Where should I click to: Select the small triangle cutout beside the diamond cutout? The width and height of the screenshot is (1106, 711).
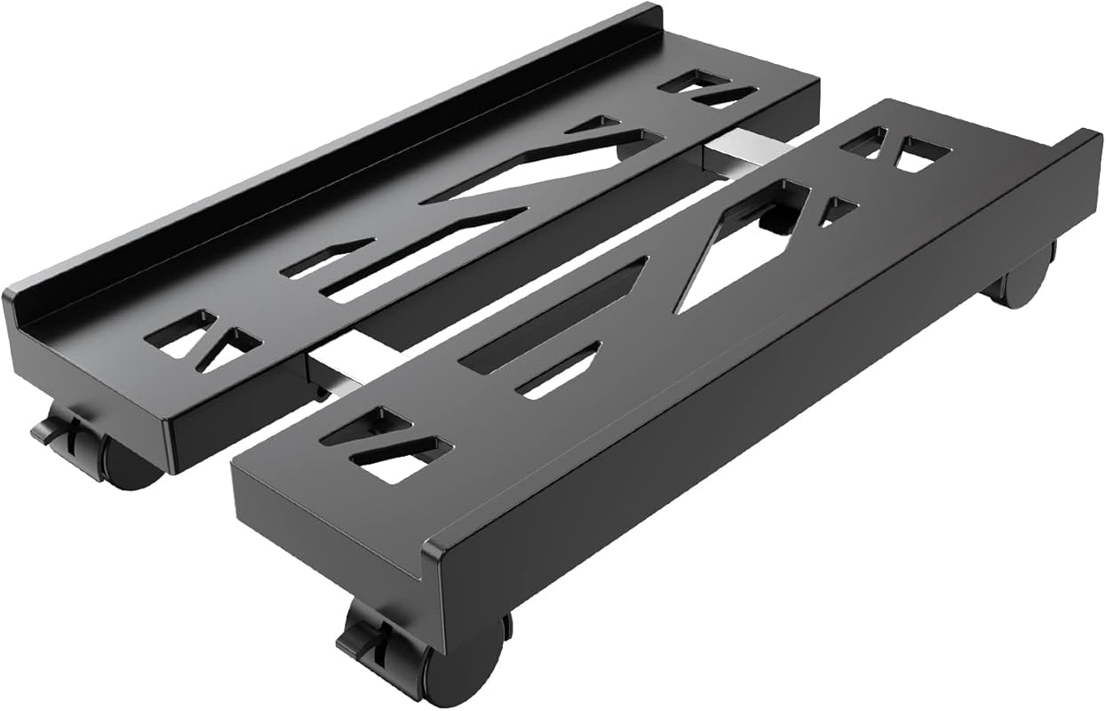(x=835, y=210)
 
